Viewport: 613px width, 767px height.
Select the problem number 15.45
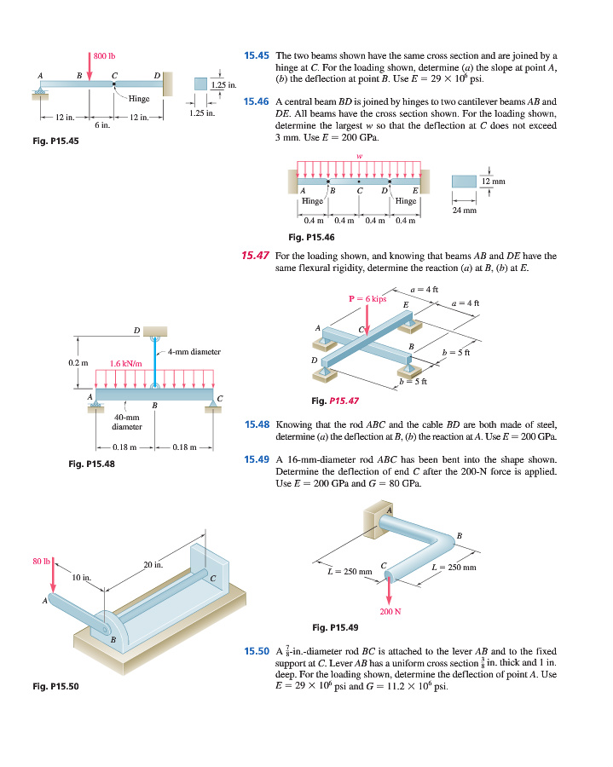[257, 55]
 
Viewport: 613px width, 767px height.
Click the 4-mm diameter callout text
[194, 351]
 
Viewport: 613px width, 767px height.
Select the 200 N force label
[390, 611]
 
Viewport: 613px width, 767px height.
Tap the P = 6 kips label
[367, 298]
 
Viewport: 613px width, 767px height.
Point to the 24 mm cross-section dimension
[464, 209]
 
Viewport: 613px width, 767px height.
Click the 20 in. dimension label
[153, 565]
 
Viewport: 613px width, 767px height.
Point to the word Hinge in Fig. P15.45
[140, 99]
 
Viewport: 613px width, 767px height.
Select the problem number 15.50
[257, 652]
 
